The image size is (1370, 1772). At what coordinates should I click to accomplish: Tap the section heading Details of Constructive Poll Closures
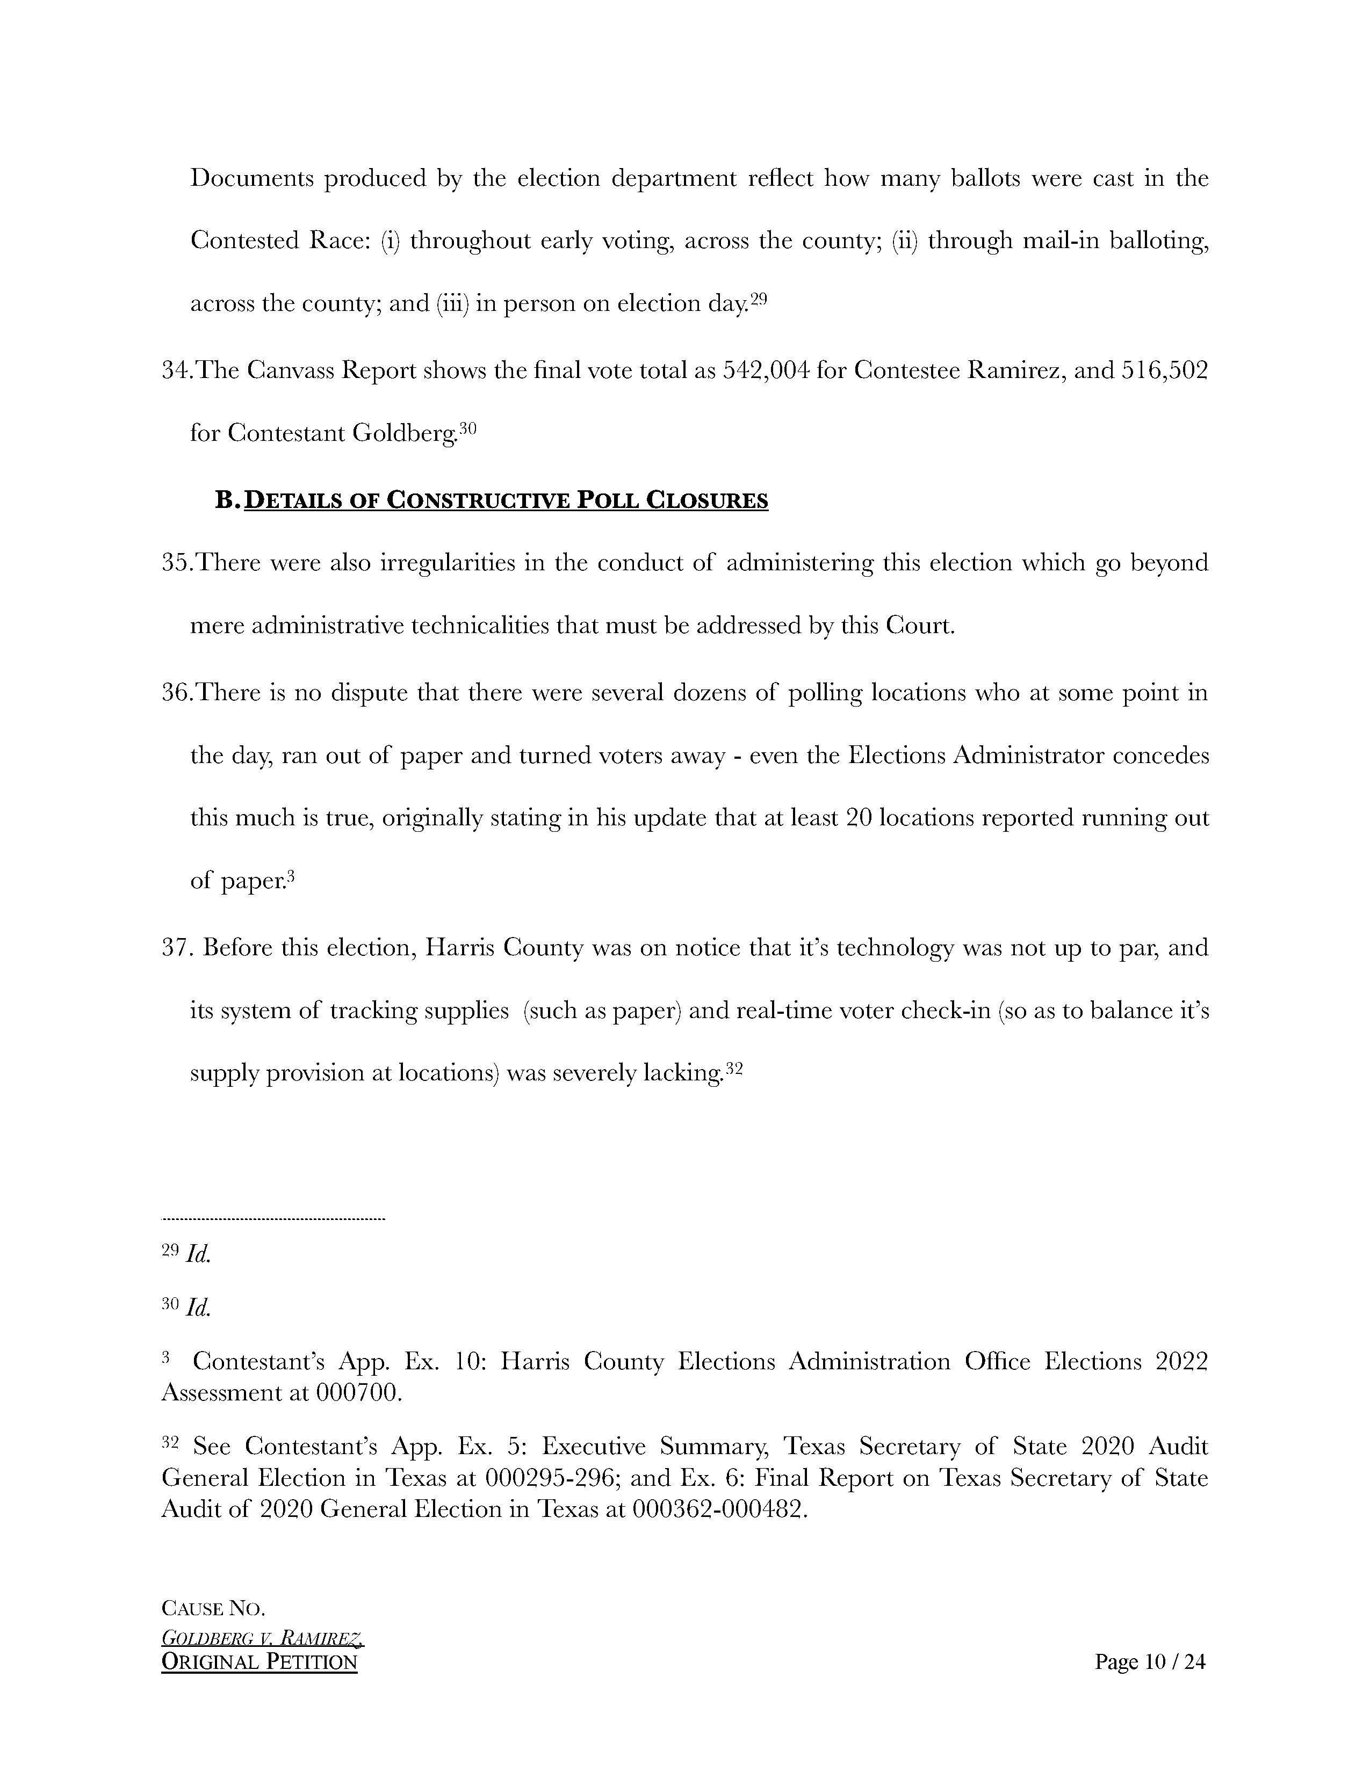coord(506,500)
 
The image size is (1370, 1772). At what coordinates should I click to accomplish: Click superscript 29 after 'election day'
coord(758,298)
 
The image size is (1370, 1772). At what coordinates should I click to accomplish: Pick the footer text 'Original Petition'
coord(259,1662)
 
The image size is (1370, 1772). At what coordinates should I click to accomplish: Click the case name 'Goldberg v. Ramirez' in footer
coord(262,1638)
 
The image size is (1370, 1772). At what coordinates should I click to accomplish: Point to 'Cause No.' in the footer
coord(213,1608)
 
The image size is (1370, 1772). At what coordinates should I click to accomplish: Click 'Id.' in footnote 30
coord(198,1307)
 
